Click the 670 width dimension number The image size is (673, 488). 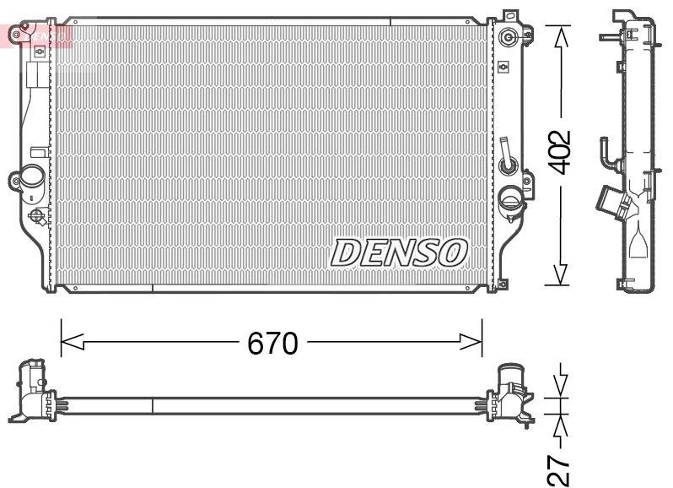[272, 343]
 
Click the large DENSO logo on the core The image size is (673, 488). [399, 252]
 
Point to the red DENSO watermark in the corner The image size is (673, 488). [39, 35]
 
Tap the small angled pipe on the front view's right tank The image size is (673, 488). [505, 155]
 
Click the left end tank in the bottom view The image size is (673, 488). [32, 390]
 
